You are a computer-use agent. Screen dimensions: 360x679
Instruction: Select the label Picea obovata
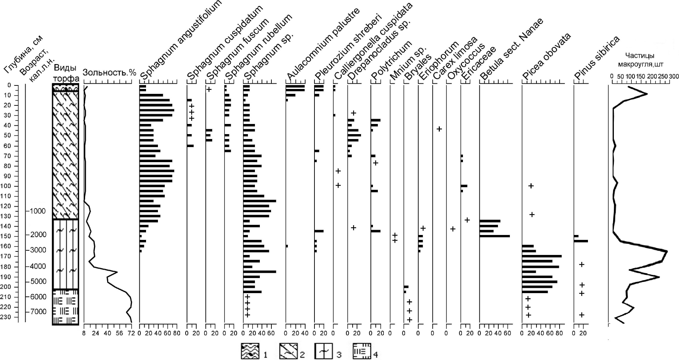547,56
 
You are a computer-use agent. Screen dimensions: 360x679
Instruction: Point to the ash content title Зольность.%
109,73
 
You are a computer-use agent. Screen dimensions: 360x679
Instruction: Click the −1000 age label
36,211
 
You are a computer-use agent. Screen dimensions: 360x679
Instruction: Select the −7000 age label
36,312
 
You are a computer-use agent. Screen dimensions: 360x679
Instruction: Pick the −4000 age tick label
36,266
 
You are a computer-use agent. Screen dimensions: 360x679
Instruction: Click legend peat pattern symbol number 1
250,351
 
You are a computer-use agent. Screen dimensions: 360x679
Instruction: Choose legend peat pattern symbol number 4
361,351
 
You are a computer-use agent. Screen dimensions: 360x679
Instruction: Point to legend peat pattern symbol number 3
324,351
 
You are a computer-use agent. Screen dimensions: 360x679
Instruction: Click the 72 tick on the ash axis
132,333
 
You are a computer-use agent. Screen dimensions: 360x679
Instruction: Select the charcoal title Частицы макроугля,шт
640,60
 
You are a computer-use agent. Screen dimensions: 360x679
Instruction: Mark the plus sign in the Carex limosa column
439,129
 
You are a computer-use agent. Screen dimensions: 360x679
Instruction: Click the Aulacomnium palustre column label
323,43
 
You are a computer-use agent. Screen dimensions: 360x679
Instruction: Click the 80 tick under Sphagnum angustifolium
176,333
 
